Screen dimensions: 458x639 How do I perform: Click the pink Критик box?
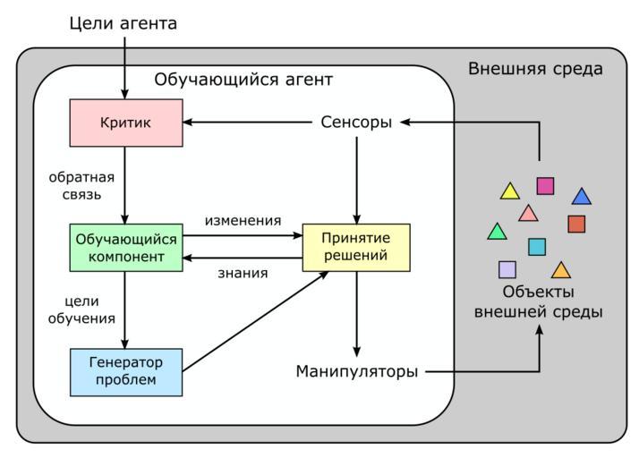[125, 123]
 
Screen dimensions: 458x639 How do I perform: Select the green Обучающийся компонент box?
[125, 248]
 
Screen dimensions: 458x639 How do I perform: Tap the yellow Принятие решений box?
[356, 247]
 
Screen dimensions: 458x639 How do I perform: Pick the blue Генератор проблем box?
[125, 371]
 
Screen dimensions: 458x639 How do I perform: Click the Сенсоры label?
[356, 123]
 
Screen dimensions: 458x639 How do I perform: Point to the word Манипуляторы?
[356, 371]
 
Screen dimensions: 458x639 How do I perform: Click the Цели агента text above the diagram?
[124, 23]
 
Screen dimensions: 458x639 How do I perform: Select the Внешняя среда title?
[535, 69]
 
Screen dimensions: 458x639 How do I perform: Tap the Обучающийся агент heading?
[243, 80]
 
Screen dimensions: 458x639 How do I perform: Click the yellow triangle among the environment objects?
[510, 191]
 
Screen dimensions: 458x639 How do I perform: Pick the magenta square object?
[545, 186]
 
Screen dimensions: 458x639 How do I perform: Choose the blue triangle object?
[582, 197]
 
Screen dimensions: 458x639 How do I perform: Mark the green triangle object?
[497, 233]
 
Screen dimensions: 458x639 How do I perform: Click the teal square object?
[537, 247]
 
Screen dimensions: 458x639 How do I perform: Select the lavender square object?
[507, 269]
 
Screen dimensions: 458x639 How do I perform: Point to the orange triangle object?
[561, 270]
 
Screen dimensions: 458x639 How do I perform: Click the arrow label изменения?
[243, 220]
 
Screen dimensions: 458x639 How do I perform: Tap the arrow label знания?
[243, 273]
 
